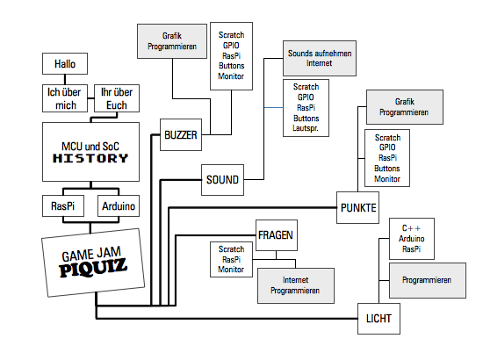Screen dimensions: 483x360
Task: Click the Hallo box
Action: pyautogui.click(x=65, y=64)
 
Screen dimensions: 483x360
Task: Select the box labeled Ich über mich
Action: pyautogui.click(x=65, y=98)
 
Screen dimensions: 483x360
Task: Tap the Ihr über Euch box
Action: pyautogui.click(x=117, y=98)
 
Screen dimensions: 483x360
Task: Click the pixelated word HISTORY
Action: pyautogui.click(x=90, y=158)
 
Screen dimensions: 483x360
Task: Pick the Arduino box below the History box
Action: pyautogui.click(x=119, y=205)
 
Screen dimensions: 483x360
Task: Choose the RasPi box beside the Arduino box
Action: pyautogui.click(x=63, y=205)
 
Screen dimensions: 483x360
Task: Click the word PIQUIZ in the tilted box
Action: pyautogui.click(x=93, y=267)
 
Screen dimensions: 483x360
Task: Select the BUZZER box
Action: pyautogui.click(x=181, y=135)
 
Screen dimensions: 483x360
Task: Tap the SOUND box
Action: pyautogui.click(x=222, y=180)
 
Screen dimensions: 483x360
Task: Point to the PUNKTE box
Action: pyautogui.click(x=358, y=208)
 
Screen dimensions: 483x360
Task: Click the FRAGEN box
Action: pyautogui.click(x=277, y=235)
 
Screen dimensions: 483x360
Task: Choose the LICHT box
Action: pyautogui.click(x=378, y=319)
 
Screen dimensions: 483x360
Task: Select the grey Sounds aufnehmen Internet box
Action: pyautogui.click(x=320, y=58)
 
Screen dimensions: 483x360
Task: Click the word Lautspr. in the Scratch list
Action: pyautogui.click(x=306, y=128)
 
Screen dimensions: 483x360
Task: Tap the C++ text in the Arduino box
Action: pyautogui.click(x=411, y=228)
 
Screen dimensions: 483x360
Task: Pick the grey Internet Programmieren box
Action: pyautogui.click(x=296, y=285)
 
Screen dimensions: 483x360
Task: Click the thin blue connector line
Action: pyautogui.click(x=273, y=107)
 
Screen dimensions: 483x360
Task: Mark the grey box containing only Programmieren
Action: pyautogui.click(x=428, y=280)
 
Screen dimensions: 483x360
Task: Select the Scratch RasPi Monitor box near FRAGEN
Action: pyautogui.click(x=231, y=259)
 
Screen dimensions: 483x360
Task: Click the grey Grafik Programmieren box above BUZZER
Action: pyautogui.click(x=172, y=41)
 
